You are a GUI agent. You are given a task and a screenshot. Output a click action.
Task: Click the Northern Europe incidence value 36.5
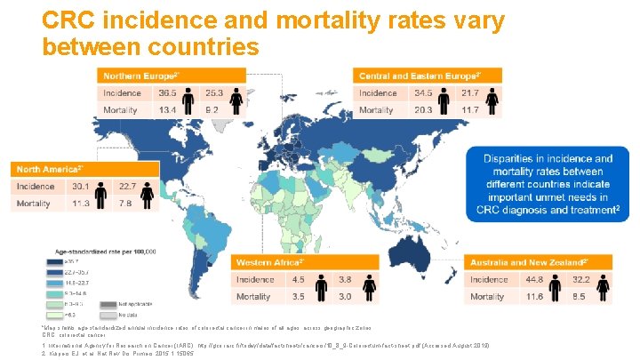(x=167, y=92)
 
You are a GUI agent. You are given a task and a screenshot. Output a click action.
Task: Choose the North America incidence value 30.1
(x=82, y=186)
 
